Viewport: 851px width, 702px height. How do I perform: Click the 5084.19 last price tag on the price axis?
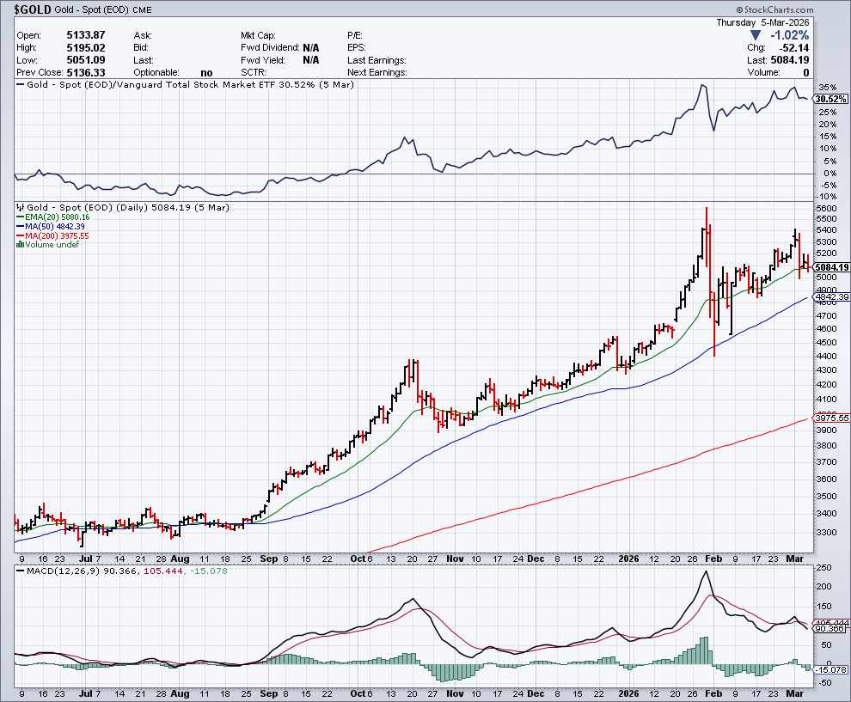(x=831, y=267)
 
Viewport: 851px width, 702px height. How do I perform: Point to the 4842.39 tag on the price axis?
(x=831, y=296)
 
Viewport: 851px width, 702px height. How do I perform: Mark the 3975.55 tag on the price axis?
(x=831, y=418)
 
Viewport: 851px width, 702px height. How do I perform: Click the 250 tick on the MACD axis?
(x=823, y=568)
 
